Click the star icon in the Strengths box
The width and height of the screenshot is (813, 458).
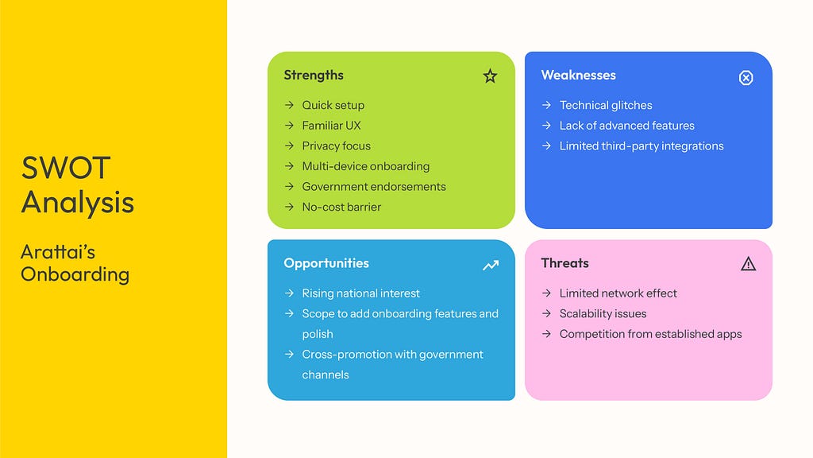coord(490,76)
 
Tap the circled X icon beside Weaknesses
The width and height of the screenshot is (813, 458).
coord(746,78)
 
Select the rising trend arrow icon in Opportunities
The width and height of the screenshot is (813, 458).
coord(491,266)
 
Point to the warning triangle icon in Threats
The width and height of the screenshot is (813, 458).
coord(748,264)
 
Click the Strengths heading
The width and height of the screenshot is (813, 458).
coord(314,76)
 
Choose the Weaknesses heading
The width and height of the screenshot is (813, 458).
coord(579,76)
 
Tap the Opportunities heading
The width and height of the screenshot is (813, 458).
coord(326,263)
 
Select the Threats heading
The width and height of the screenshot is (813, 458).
coord(564,263)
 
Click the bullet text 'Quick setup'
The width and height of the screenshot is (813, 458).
coord(333,106)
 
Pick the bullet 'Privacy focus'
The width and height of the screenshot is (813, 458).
coord(336,146)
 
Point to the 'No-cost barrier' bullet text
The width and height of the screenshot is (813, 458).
coord(341,207)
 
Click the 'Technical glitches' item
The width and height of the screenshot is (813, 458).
coord(606,106)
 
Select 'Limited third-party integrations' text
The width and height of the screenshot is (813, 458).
coord(642,146)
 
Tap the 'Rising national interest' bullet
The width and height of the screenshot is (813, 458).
coord(361,293)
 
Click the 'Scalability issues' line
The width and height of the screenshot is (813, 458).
coord(603,313)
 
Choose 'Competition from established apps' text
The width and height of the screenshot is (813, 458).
coord(650,334)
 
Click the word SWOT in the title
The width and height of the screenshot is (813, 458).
coord(65,168)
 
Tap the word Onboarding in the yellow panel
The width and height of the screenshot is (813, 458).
coord(75,274)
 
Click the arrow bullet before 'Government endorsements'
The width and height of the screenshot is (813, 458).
coord(289,186)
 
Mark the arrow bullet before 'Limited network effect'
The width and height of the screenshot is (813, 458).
coord(546,293)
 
